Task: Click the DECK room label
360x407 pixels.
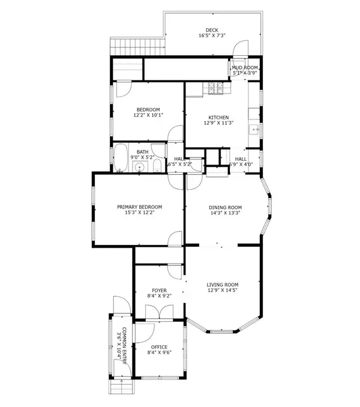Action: pyautogui.click(x=212, y=29)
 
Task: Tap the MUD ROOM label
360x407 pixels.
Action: pyautogui.click(x=245, y=68)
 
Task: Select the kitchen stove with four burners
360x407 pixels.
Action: pyautogui.click(x=215, y=89)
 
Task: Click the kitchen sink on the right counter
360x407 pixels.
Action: pyautogui.click(x=255, y=128)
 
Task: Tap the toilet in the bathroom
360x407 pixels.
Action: pyautogui.click(x=157, y=166)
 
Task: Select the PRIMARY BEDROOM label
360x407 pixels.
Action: pyautogui.click(x=139, y=207)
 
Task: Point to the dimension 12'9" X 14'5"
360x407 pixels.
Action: pyautogui.click(x=223, y=291)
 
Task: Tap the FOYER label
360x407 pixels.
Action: pyautogui.click(x=159, y=290)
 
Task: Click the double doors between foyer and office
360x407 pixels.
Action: pyautogui.click(x=159, y=313)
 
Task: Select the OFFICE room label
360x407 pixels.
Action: pyautogui.click(x=159, y=346)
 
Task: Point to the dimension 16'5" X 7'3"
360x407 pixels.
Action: pyautogui.click(x=212, y=36)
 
